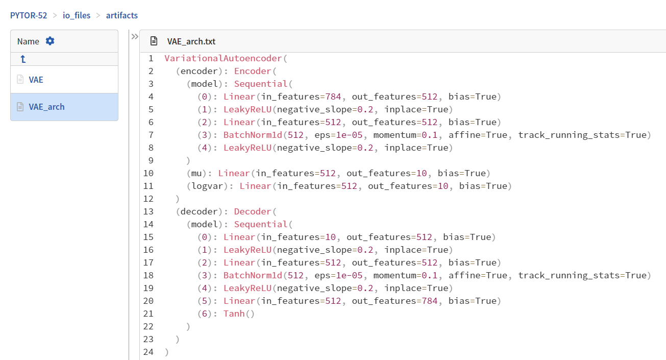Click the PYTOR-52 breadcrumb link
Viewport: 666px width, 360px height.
click(29, 15)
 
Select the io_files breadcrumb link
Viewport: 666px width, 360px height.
click(77, 15)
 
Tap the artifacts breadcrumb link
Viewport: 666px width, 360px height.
click(122, 15)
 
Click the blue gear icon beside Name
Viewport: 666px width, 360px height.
click(50, 41)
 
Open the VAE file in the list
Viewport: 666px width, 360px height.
click(36, 80)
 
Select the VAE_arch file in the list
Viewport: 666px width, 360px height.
click(46, 107)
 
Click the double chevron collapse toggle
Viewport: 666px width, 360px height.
click(135, 37)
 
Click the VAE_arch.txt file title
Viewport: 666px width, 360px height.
click(191, 41)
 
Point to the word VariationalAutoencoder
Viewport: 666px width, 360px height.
click(223, 58)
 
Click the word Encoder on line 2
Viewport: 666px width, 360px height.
click(253, 71)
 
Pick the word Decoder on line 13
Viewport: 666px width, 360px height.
click(253, 211)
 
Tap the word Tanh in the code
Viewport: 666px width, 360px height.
click(234, 314)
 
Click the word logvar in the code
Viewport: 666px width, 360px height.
click(207, 186)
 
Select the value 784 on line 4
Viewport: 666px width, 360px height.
click(333, 97)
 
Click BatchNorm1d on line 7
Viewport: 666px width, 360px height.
click(253, 135)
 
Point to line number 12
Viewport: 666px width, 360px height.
click(149, 199)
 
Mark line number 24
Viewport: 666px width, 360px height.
click(149, 352)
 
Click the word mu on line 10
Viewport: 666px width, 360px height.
click(196, 174)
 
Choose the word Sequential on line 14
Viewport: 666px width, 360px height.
click(261, 224)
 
